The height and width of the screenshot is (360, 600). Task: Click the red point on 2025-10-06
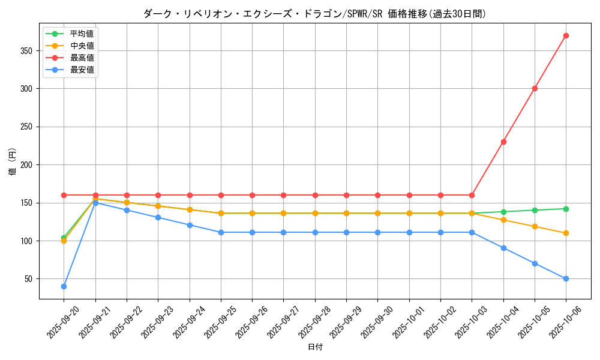pos(566,35)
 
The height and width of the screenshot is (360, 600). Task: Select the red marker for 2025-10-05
pos(535,88)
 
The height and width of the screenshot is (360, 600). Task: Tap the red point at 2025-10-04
pos(503,142)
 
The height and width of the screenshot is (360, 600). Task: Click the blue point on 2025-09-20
pos(64,286)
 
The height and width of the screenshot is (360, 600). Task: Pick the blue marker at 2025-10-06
pos(566,278)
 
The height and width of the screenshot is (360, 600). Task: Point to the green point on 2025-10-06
pos(566,209)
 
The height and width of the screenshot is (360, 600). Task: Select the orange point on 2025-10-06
pos(566,233)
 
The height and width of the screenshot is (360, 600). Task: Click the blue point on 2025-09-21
pos(95,203)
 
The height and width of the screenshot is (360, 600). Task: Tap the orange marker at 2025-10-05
pos(535,226)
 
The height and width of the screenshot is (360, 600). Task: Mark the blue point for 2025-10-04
pos(503,248)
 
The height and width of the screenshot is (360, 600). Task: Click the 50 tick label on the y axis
pos(29,279)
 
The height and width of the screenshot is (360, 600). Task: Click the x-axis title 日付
pos(315,347)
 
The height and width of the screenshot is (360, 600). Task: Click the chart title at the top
pos(315,13)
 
